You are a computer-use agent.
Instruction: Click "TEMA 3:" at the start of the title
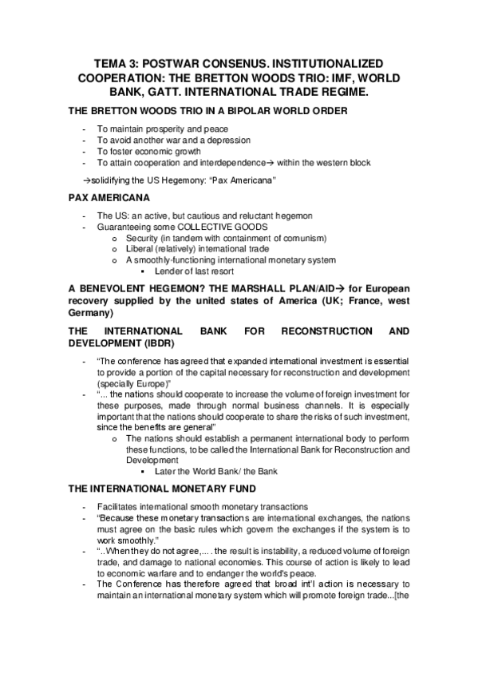tap(118, 63)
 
